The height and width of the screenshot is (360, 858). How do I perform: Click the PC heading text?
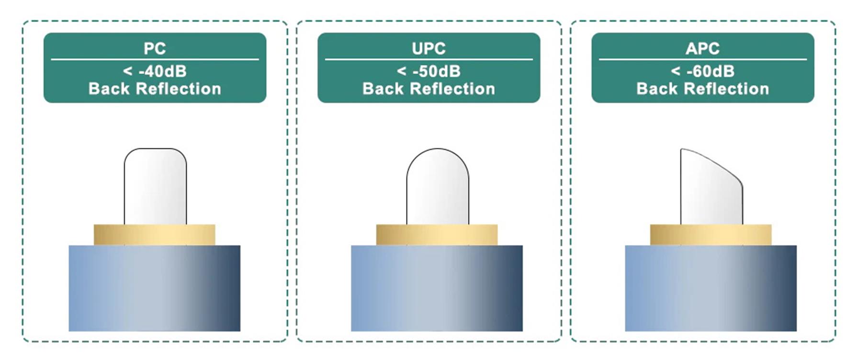tap(155, 48)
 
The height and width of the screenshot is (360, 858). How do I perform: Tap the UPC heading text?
tap(429, 48)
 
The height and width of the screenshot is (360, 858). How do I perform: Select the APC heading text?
tap(702, 48)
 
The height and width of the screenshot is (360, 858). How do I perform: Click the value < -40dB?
tap(155, 71)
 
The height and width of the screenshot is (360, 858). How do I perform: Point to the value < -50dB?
tap(429, 71)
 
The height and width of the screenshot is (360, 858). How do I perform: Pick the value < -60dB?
tap(702, 71)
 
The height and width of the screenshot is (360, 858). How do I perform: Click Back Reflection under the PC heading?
tap(155, 89)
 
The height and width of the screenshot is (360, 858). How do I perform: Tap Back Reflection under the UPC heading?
tap(429, 89)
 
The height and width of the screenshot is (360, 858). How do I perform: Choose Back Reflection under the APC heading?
tap(702, 89)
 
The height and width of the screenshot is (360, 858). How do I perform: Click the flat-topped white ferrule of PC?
tap(155, 187)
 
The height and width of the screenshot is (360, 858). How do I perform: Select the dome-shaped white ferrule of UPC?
tap(438, 187)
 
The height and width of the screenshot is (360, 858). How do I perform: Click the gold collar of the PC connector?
tap(154, 235)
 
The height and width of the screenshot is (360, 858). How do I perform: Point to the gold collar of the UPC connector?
tap(437, 235)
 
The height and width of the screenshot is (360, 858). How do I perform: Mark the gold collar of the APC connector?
tap(711, 235)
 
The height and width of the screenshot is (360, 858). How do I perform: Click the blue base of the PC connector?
tap(154, 288)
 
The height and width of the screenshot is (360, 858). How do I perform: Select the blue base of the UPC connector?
tap(437, 288)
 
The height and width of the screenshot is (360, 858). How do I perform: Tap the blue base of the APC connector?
tap(711, 288)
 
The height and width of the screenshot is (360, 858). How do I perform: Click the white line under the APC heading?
tap(702, 59)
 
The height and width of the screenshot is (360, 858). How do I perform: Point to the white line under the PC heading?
tap(155, 59)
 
